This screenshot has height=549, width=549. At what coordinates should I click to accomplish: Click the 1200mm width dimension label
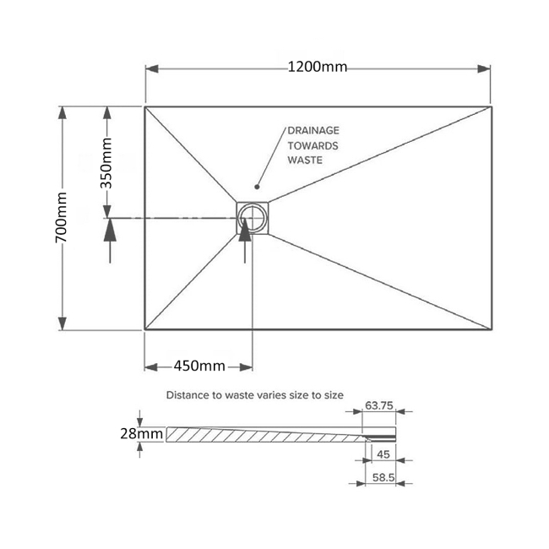tap(317, 68)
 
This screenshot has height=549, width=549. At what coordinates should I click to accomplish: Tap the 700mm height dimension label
tap(62, 218)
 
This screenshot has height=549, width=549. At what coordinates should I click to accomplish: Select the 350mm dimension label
tap(107, 162)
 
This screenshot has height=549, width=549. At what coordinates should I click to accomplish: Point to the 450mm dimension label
tap(199, 366)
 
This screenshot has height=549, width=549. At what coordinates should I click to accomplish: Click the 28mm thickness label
tap(140, 433)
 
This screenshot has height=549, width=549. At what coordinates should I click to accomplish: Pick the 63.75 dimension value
tap(379, 406)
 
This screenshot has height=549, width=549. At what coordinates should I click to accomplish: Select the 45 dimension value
tap(382, 454)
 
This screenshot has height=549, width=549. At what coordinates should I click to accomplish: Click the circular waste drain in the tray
tap(252, 219)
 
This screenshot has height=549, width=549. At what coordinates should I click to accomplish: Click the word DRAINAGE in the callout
tap(313, 131)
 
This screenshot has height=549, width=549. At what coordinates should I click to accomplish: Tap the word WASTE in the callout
tap(305, 160)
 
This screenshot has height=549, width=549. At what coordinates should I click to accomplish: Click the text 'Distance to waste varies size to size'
tap(255, 394)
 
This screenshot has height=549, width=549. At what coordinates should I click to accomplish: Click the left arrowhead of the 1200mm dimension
tap(151, 68)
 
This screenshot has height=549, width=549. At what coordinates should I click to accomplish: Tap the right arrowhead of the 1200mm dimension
tap(486, 68)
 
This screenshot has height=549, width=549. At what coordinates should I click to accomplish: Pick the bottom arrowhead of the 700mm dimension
tap(62, 323)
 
